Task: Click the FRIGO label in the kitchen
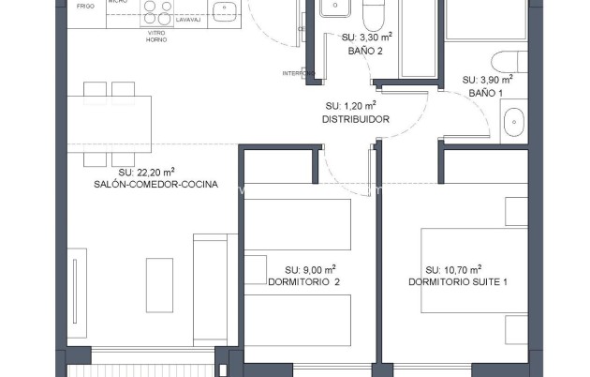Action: (x=86, y=6)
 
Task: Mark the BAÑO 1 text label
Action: (x=485, y=93)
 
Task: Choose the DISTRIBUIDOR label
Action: (x=355, y=119)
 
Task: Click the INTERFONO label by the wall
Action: (x=298, y=73)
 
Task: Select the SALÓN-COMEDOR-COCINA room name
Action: (x=155, y=185)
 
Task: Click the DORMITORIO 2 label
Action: (x=303, y=281)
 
